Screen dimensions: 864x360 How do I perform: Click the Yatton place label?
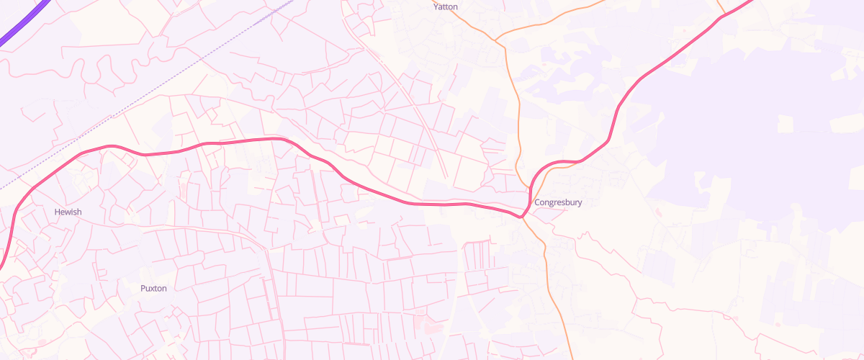[446, 6]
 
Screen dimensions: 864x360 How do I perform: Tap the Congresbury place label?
[558, 202]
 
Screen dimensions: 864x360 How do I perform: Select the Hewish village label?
[68, 212]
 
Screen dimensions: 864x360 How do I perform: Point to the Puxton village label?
[153, 288]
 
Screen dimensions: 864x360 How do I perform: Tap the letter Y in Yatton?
[436, 6]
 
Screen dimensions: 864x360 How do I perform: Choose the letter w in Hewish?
[67, 212]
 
